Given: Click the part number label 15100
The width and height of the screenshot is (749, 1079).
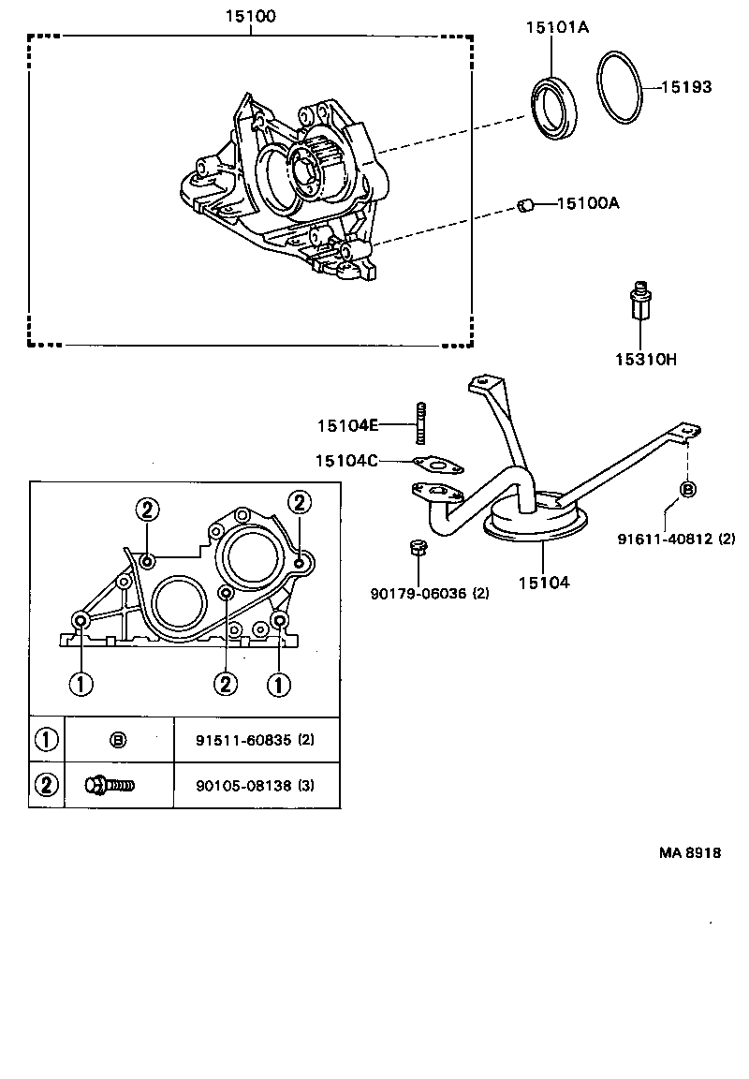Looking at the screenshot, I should click(250, 16).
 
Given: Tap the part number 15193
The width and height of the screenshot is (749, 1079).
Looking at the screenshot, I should click(686, 87).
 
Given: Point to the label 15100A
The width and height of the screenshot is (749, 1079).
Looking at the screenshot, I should click(589, 202).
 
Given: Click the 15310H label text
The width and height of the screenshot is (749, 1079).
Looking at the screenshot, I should click(646, 359).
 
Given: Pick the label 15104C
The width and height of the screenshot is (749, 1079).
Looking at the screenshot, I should click(346, 460).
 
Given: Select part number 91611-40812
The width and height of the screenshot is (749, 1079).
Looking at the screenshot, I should click(665, 539).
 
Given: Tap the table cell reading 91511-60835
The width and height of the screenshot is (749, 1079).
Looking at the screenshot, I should click(242, 739).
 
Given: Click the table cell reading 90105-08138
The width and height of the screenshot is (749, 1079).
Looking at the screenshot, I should click(242, 785).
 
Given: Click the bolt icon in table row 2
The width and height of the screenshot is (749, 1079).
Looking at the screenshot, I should click(110, 785).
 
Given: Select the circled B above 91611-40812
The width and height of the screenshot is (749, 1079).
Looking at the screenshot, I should click(687, 489).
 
